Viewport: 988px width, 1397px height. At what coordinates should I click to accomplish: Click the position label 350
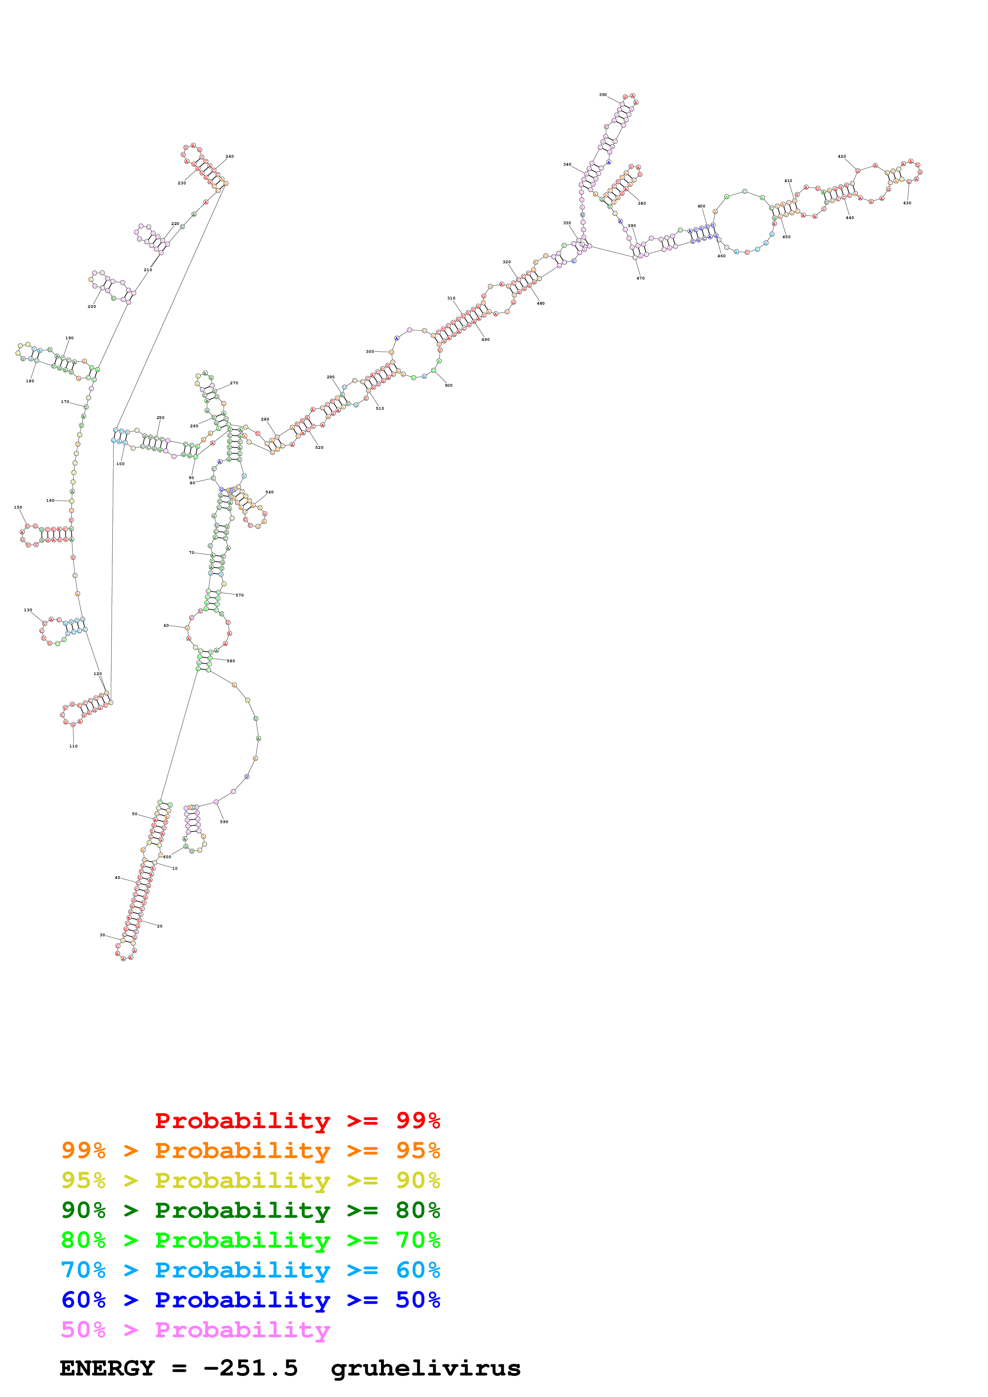tap(602, 95)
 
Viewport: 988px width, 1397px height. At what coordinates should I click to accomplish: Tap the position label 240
tap(230, 157)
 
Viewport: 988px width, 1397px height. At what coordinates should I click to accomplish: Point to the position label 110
tap(73, 746)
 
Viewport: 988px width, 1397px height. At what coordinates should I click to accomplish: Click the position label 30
tap(102, 935)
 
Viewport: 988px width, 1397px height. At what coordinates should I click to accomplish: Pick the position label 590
tap(224, 822)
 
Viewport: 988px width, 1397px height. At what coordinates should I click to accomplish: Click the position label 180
tap(30, 381)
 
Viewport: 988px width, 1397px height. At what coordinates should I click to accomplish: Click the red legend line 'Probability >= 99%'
tap(297, 1120)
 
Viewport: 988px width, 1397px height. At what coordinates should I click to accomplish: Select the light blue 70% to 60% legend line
tap(250, 1270)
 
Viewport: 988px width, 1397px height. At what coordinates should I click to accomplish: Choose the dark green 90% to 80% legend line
tap(250, 1210)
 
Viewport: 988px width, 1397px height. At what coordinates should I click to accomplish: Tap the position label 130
tap(28, 610)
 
